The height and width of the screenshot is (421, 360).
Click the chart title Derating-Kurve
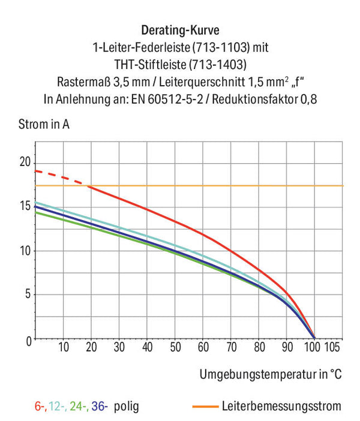pyautogui.click(x=180, y=30)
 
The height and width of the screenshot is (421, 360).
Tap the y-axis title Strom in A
pyautogui.click(x=44, y=124)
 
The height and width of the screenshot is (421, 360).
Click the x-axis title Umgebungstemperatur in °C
pyautogui.click(x=271, y=374)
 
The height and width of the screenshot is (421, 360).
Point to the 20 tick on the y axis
pyautogui.click(x=25, y=162)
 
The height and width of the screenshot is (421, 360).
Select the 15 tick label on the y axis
pyautogui.click(x=25, y=206)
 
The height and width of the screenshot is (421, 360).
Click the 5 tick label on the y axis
pyautogui.click(x=28, y=294)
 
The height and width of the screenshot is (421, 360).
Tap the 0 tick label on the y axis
pyautogui.click(x=28, y=341)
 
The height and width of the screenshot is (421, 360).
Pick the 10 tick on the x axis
pyautogui.click(x=64, y=347)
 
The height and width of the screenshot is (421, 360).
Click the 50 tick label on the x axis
pyautogui.click(x=175, y=347)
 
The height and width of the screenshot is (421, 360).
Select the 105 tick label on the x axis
pyautogui.click(x=332, y=347)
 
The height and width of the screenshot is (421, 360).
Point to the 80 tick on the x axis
pyautogui.click(x=259, y=347)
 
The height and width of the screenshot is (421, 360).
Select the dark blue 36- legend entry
pyautogui.click(x=100, y=406)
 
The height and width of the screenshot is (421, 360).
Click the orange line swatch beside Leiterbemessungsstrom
pyautogui.click(x=206, y=407)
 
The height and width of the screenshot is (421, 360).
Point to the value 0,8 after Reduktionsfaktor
pyautogui.click(x=308, y=99)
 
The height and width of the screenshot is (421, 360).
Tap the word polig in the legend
pyautogui.click(x=126, y=407)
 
